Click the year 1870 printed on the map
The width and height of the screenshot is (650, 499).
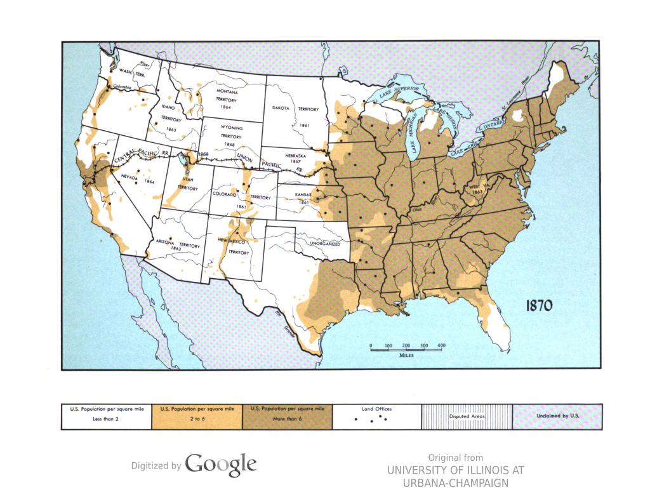coord(539,305)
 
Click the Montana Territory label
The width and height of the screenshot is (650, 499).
coord(227,99)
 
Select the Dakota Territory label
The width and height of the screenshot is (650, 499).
coord(295,109)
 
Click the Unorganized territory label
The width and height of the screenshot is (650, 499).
coord(325,244)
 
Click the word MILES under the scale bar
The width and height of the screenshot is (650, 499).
coord(407,356)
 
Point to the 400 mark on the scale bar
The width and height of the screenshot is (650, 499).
coord(442,345)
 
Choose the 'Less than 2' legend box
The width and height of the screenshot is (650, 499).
coord(106,416)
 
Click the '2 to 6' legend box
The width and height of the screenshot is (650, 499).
coord(197,416)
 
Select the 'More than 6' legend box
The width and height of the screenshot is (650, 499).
coord(288,416)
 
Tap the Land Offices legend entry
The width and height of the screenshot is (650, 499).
coord(377,416)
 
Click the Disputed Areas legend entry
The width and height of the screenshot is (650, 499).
coord(467,416)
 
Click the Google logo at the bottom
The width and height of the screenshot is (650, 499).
coord(220,465)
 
